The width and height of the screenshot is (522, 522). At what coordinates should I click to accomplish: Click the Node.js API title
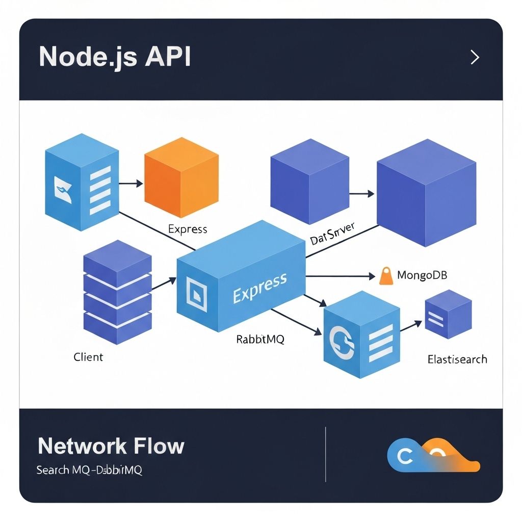pyautogui.click(x=115, y=57)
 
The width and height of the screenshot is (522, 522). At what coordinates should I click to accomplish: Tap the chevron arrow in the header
pyautogui.click(x=475, y=57)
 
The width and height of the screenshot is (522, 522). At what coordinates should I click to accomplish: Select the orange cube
pyautogui.click(x=181, y=178)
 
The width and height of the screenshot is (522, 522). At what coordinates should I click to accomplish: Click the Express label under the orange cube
pyautogui.click(x=188, y=229)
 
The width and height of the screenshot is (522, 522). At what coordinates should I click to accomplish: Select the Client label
pyautogui.click(x=88, y=357)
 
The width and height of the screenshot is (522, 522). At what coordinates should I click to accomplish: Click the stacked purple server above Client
pyautogui.click(x=117, y=293)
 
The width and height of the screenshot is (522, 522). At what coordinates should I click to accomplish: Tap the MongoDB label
pyautogui.click(x=422, y=276)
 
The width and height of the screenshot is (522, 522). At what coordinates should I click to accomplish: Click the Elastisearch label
pyautogui.click(x=457, y=359)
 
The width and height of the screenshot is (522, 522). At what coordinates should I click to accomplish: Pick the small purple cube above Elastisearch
pyautogui.click(x=448, y=315)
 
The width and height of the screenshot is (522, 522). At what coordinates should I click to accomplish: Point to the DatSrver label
pyautogui.click(x=332, y=233)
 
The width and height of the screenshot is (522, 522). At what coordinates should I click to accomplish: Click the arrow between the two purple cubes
pyautogui.click(x=362, y=194)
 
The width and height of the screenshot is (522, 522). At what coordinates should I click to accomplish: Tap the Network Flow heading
pyautogui.click(x=111, y=446)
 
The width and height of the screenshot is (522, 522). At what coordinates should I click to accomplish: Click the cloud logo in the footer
pyautogui.click(x=433, y=455)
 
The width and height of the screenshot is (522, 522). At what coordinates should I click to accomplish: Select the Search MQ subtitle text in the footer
pyautogui.click(x=89, y=469)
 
